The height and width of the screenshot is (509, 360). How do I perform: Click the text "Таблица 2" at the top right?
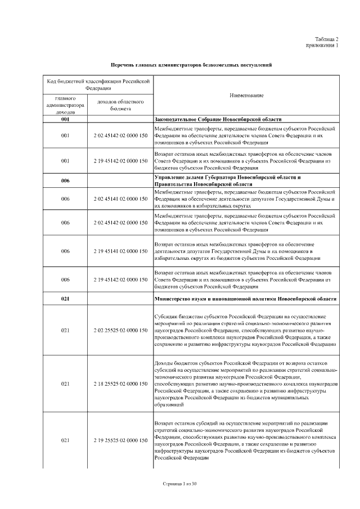click(327, 39)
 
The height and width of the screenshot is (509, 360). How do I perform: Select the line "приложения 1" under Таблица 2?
click(322, 45)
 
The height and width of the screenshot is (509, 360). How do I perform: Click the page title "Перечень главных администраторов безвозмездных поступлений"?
click(191, 65)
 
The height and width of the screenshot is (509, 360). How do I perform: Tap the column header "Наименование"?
click(246, 96)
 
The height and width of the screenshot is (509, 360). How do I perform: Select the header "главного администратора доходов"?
click(65, 105)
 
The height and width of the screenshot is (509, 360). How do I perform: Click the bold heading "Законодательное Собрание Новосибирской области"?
click(218, 120)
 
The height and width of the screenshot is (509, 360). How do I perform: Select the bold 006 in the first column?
click(65, 181)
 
